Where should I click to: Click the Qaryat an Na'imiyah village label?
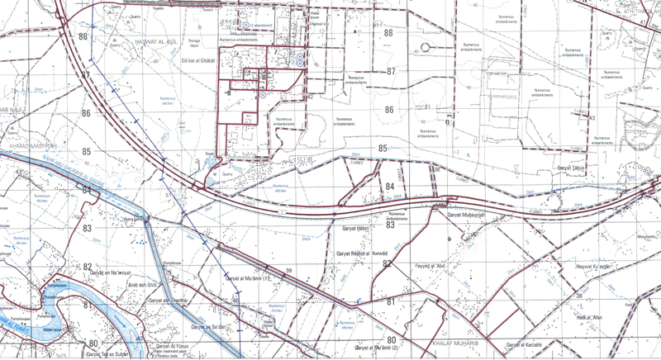(111, 272)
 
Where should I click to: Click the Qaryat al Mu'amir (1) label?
(254, 278)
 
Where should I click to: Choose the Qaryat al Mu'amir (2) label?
(377, 348)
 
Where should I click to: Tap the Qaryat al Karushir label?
(524, 344)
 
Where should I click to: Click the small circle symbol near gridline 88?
(425, 46)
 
